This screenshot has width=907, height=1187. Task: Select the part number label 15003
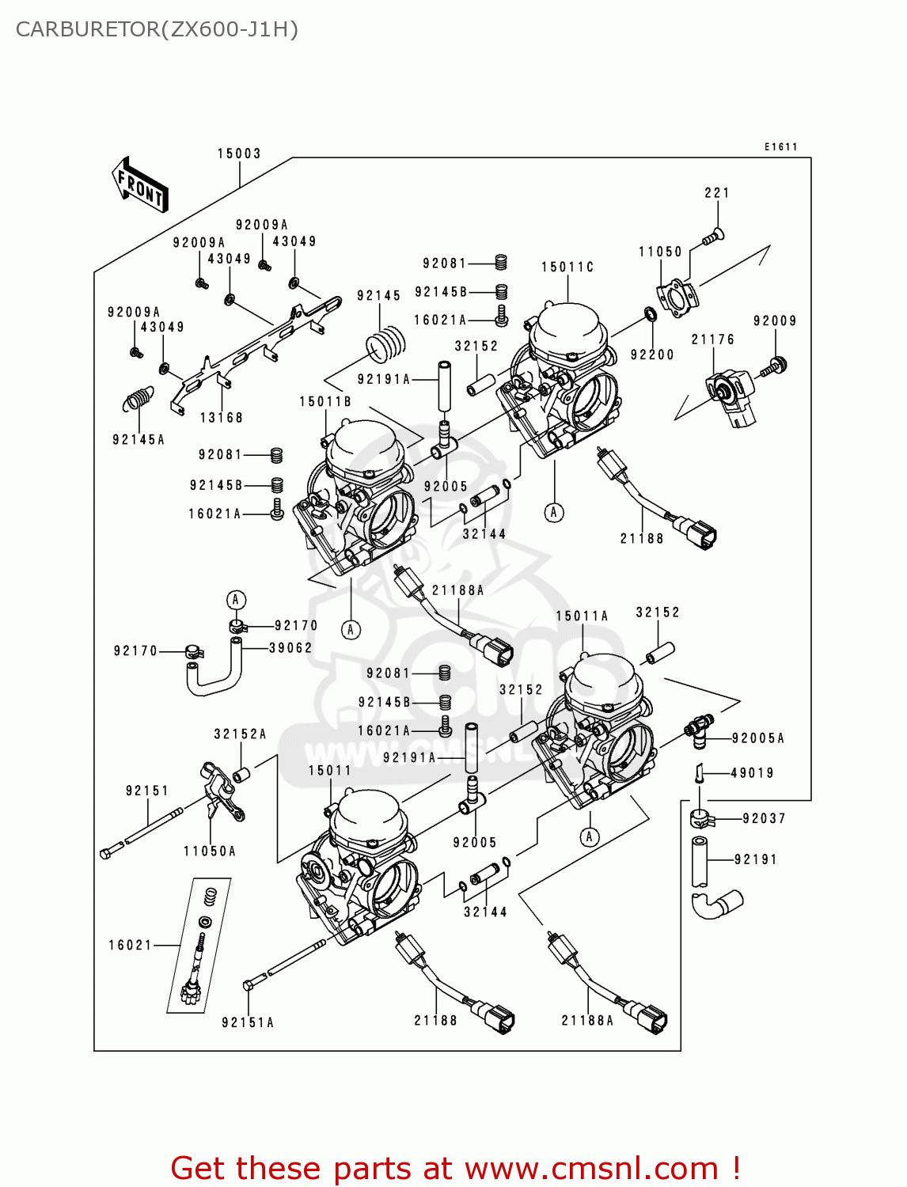[x=239, y=154]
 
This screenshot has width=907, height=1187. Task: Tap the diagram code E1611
[x=780, y=146]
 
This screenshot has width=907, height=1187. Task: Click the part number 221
[x=716, y=192]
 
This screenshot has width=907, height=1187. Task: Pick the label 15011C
[x=567, y=267]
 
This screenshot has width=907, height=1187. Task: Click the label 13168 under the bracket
[x=222, y=418]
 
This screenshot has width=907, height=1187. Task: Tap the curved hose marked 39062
[x=212, y=673]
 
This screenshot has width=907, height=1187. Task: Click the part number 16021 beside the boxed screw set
[x=131, y=945]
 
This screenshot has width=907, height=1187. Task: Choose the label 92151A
[x=248, y=1022]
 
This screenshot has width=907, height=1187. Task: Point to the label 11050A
[x=210, y=851]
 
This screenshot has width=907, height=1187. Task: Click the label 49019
[x=752, y=773]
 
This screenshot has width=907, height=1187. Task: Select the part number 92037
[x=764, y=818]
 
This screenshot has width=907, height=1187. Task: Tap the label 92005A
[x=757, y=738]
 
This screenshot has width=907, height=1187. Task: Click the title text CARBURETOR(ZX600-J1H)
[x=157, y=29]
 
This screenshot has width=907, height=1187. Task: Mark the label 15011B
[x=324, y=402]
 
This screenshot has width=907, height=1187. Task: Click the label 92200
[x=652, y=355]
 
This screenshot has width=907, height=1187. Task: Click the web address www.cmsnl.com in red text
[x=590, y=1169]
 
